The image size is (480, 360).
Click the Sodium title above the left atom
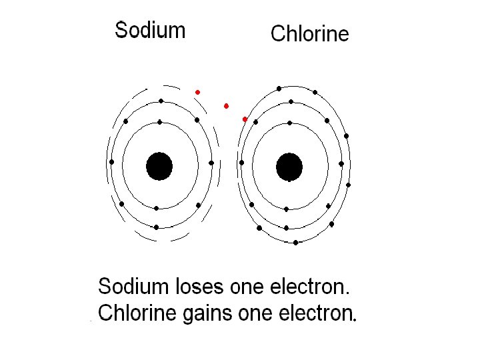150,30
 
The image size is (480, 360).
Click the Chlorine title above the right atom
309,34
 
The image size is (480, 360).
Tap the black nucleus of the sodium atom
159,166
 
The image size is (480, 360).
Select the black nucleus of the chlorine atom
289,166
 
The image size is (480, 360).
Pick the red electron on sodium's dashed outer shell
197,92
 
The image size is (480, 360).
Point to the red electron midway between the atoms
226,106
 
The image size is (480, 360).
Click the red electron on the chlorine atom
245,119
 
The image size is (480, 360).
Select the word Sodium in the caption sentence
133,287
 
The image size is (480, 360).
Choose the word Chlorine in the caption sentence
138,312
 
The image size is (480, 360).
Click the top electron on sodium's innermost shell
159,122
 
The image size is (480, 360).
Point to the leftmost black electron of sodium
111,162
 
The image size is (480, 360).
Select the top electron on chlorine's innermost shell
289,123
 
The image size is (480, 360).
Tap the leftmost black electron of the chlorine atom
241,162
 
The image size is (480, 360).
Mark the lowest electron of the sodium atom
156,227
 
